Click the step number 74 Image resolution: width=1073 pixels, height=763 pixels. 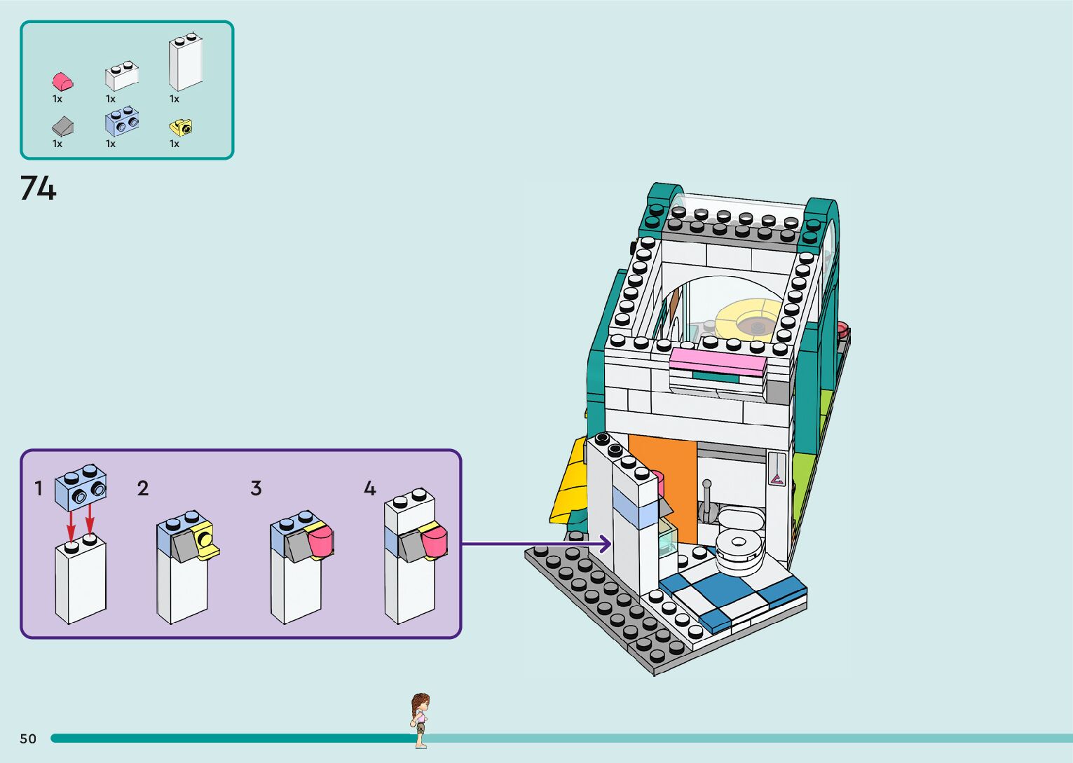click(x=38, y=188)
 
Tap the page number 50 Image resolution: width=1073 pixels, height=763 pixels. click(x=28, y=738)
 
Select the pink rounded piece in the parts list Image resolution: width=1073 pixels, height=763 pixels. click(x=62, y=81)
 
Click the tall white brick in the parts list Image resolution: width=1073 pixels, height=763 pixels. click(x=185, y=62)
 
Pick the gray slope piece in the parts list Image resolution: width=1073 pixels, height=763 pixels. click(x=62, y=126)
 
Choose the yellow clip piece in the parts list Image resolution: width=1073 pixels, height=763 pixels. click(x=181, y=128)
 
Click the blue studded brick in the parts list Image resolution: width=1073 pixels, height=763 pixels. click(x=121, y=122)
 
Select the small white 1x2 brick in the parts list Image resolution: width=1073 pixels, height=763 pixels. click(x=121, y=76)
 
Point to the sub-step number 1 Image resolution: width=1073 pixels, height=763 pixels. click(x=39, y=488)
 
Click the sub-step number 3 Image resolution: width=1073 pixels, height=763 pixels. click(x=256, y=488)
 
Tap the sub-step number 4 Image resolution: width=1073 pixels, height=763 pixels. click(x=369, y=488)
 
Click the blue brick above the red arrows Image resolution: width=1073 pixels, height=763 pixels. click(x=81, y=487)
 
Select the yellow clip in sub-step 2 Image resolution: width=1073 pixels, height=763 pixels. click(x=206, y=540)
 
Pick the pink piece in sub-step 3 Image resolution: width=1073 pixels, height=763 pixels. click(x=320, y=542)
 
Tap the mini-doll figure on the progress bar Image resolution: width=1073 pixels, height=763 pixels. click(x=420, y=720)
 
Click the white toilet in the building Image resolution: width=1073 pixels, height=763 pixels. click(x=739, y=539)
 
